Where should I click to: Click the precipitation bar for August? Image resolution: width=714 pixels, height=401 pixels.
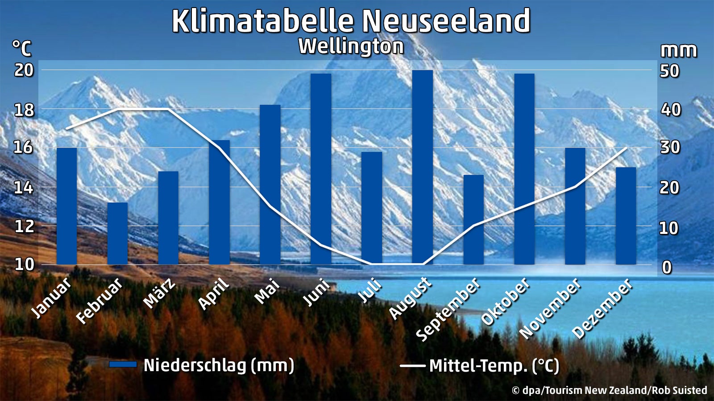423,167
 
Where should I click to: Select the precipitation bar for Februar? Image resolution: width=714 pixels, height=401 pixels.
118,233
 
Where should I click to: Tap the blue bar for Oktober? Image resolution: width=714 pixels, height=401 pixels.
524,169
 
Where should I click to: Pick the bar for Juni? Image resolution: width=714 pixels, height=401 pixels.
321,169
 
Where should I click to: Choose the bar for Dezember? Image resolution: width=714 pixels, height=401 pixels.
626,216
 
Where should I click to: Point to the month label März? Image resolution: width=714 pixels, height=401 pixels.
159,293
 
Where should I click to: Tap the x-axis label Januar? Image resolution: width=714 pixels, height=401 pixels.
52,297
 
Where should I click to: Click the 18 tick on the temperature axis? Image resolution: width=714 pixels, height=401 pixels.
24,110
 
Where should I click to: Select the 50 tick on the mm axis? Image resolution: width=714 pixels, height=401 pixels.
670,71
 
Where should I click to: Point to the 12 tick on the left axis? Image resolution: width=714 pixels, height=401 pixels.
24,226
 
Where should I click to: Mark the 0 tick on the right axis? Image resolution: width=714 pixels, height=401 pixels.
667,267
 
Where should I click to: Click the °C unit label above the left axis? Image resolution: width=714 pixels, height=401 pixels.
22,48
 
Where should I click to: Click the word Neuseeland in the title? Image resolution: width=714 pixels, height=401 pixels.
446,20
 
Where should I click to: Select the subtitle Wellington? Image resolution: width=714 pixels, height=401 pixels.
351,46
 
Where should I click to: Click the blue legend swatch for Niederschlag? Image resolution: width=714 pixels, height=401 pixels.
123,364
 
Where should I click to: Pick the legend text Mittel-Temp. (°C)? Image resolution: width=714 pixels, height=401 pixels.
494,366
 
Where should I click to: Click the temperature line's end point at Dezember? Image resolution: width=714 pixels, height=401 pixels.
626,147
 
